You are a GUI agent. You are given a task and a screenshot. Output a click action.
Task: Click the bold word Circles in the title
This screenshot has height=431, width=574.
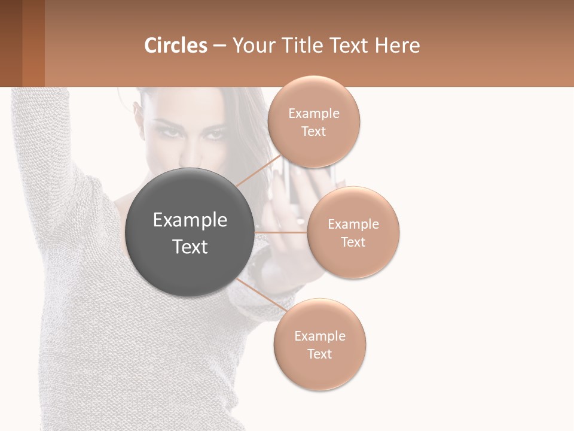pos(176,45)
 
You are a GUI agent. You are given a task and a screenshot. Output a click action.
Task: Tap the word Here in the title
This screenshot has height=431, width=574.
pos(398,45)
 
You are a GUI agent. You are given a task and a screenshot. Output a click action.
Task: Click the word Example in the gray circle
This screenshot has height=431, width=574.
pos(190,220)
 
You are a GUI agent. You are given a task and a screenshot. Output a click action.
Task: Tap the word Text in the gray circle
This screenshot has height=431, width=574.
pos(190,247)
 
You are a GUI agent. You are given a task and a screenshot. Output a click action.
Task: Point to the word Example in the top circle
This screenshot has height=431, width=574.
pos(313,114)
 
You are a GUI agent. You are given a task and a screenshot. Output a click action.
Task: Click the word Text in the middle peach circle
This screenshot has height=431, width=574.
pos(353,242)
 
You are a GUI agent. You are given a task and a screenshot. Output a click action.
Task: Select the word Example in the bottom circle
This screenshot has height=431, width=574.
pos(319,336)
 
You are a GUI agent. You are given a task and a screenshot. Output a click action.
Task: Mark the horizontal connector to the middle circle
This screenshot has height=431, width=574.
pos(280,232)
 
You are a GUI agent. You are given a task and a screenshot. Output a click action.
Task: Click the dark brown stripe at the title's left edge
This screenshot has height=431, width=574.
pos(11,43)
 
